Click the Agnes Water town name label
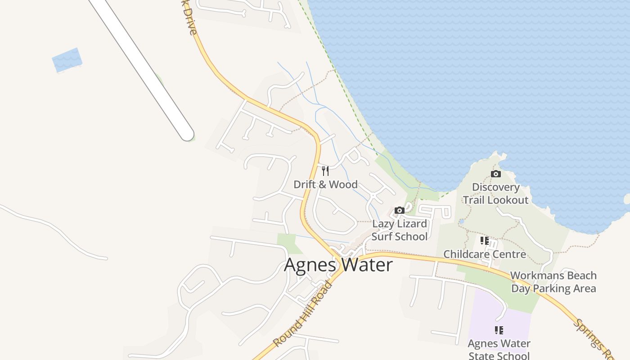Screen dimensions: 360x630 coord(338,265)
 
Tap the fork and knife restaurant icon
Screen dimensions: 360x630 coord(325,171)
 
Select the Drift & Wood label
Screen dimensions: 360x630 coord(325,184)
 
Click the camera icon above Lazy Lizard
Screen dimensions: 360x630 coord(399,210)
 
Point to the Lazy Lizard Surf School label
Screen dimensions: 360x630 coord(400,230)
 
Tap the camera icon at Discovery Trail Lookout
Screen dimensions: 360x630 coord(495,174)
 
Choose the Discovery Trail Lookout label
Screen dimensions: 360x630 coord(495,193)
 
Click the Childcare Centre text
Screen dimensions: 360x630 coord(485,254)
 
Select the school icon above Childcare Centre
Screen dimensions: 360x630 coord(485,241)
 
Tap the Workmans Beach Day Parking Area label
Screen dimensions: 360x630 coord(553,282)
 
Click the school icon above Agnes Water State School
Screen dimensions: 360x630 coord(499,330)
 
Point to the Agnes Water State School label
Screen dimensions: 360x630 coord(499,349)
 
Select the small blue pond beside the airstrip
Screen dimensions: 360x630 coord(67,60)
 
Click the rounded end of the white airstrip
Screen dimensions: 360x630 coord(186,134)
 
